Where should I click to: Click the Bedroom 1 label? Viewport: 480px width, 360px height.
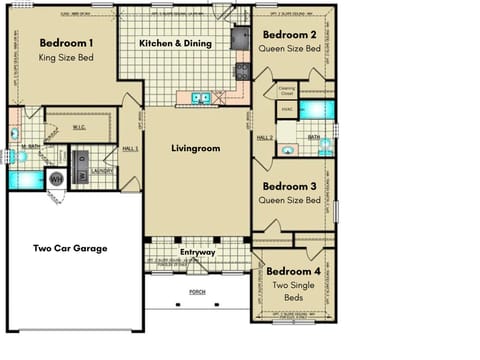tap(67, 44)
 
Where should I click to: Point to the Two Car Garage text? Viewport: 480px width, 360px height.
tap(70, 248)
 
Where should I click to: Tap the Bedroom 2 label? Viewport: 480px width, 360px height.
tap(291, 33)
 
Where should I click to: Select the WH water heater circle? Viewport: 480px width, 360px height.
tap(56, 179)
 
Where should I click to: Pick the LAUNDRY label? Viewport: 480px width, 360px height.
tap(101, 170)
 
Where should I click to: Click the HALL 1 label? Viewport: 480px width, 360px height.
tap(129, 148)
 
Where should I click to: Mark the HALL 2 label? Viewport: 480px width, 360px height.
tap(265, 138)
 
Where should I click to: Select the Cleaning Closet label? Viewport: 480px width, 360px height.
tap(287, 90)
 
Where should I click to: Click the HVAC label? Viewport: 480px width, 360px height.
tap(285, 109)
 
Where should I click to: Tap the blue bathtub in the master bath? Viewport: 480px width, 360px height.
tap(27, 179)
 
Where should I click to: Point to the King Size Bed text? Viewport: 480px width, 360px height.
tap(67, 58)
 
